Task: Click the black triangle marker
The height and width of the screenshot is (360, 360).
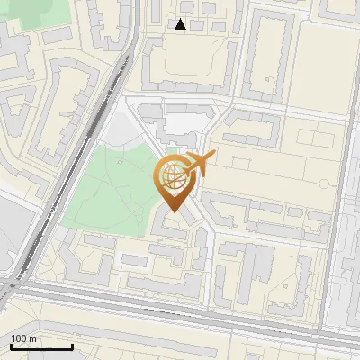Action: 181,24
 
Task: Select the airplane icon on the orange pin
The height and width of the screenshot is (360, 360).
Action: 199,165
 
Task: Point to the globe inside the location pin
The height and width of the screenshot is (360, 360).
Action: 174,178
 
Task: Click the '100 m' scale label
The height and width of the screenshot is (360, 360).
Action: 24,338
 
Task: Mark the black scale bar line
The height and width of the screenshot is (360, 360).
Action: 41,346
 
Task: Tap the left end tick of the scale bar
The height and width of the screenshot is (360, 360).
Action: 11,345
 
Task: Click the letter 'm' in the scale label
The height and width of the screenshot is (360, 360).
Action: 33,338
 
